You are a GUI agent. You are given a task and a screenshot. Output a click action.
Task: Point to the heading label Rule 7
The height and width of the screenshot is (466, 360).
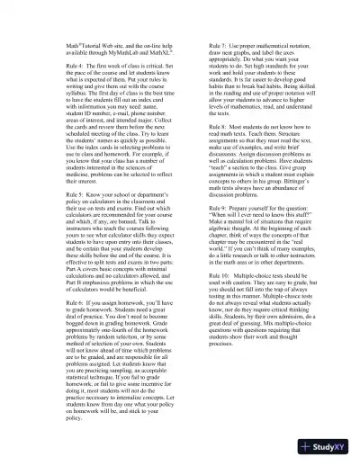point(219,45)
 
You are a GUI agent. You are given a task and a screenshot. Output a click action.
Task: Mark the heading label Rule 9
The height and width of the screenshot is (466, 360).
point(219,209)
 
